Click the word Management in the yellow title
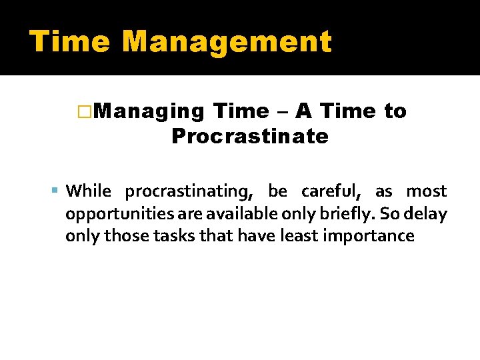(x=227, y=41)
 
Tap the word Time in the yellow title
(x=69, y=41)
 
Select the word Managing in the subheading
(x=149, y=111)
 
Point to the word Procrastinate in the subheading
(x=249, y=137)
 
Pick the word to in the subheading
(x=395, y=111)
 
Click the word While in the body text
(x=89, y=191)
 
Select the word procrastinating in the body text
(x=187, y=192)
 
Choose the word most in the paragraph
(x=426, y=191)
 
